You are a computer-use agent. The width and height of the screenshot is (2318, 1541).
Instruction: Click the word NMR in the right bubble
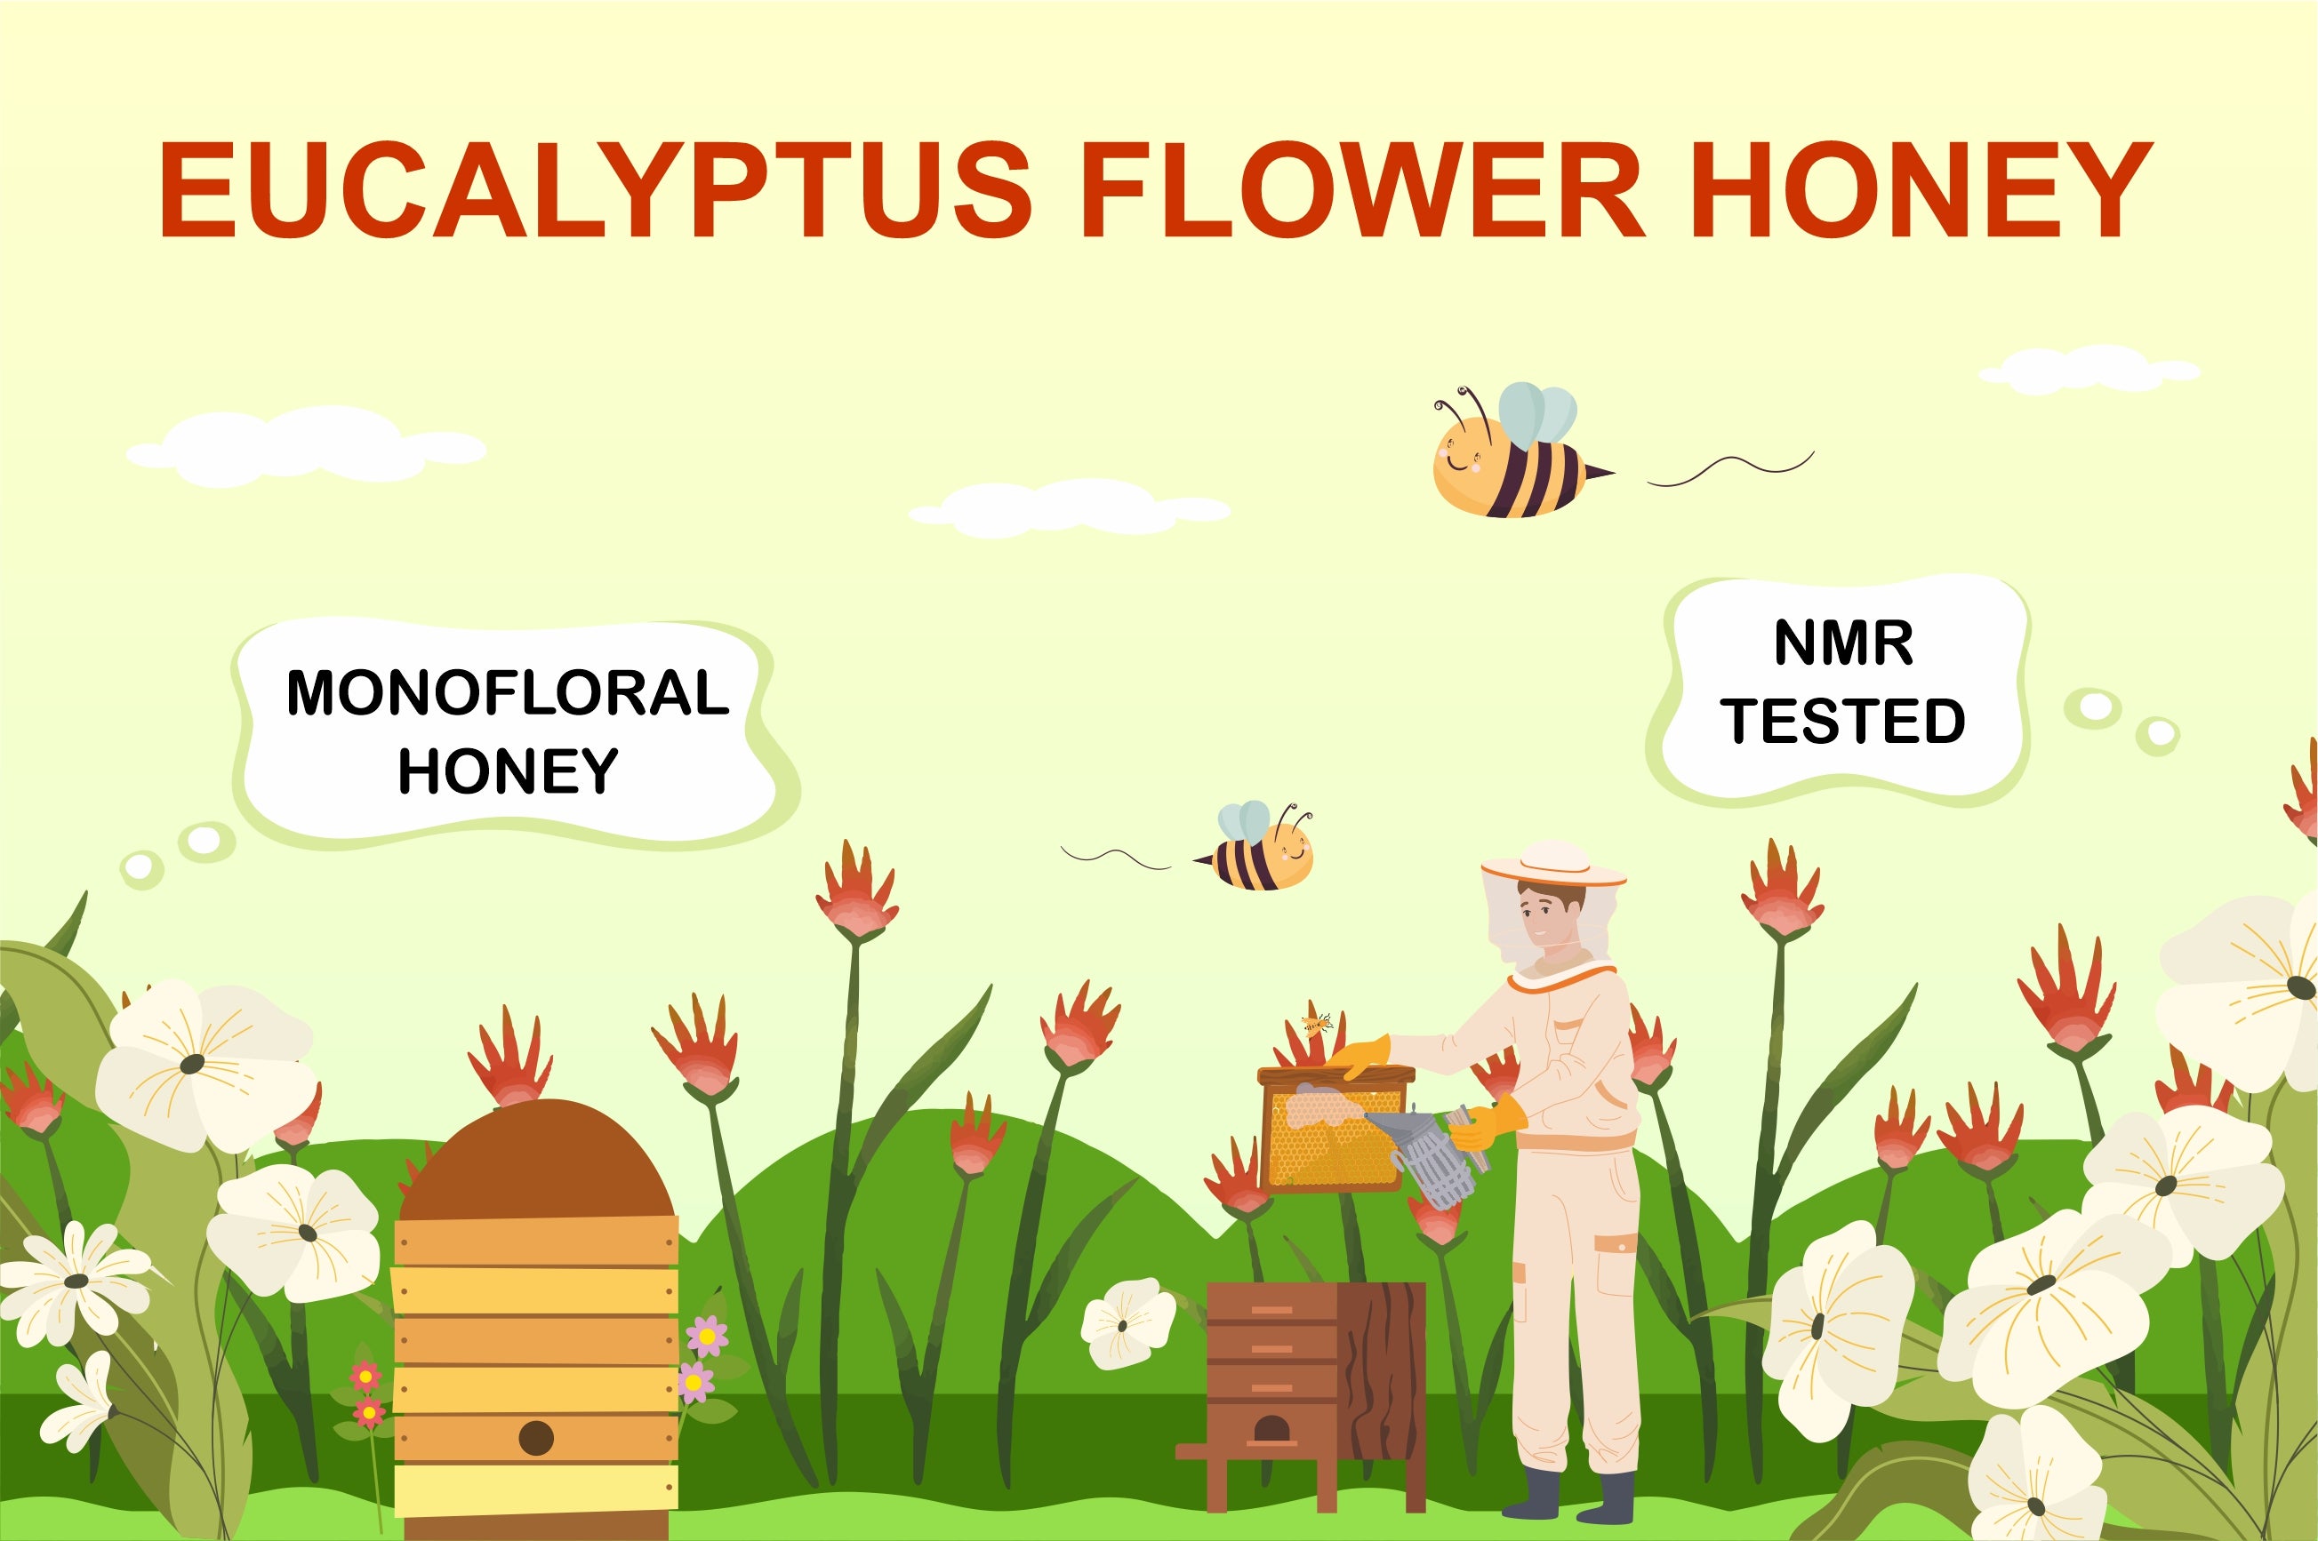click(1843, 643)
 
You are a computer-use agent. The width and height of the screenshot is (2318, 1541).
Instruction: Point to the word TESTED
click(1843, 721)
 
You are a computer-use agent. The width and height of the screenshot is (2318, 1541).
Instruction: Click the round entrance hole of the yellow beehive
click(536, 1438)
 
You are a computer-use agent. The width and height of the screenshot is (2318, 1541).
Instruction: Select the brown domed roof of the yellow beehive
click(536, 1161)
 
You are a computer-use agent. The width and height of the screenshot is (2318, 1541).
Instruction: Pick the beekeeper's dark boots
click(1567, 1495)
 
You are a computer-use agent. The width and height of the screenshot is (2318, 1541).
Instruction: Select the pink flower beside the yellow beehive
click(707, 1337)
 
